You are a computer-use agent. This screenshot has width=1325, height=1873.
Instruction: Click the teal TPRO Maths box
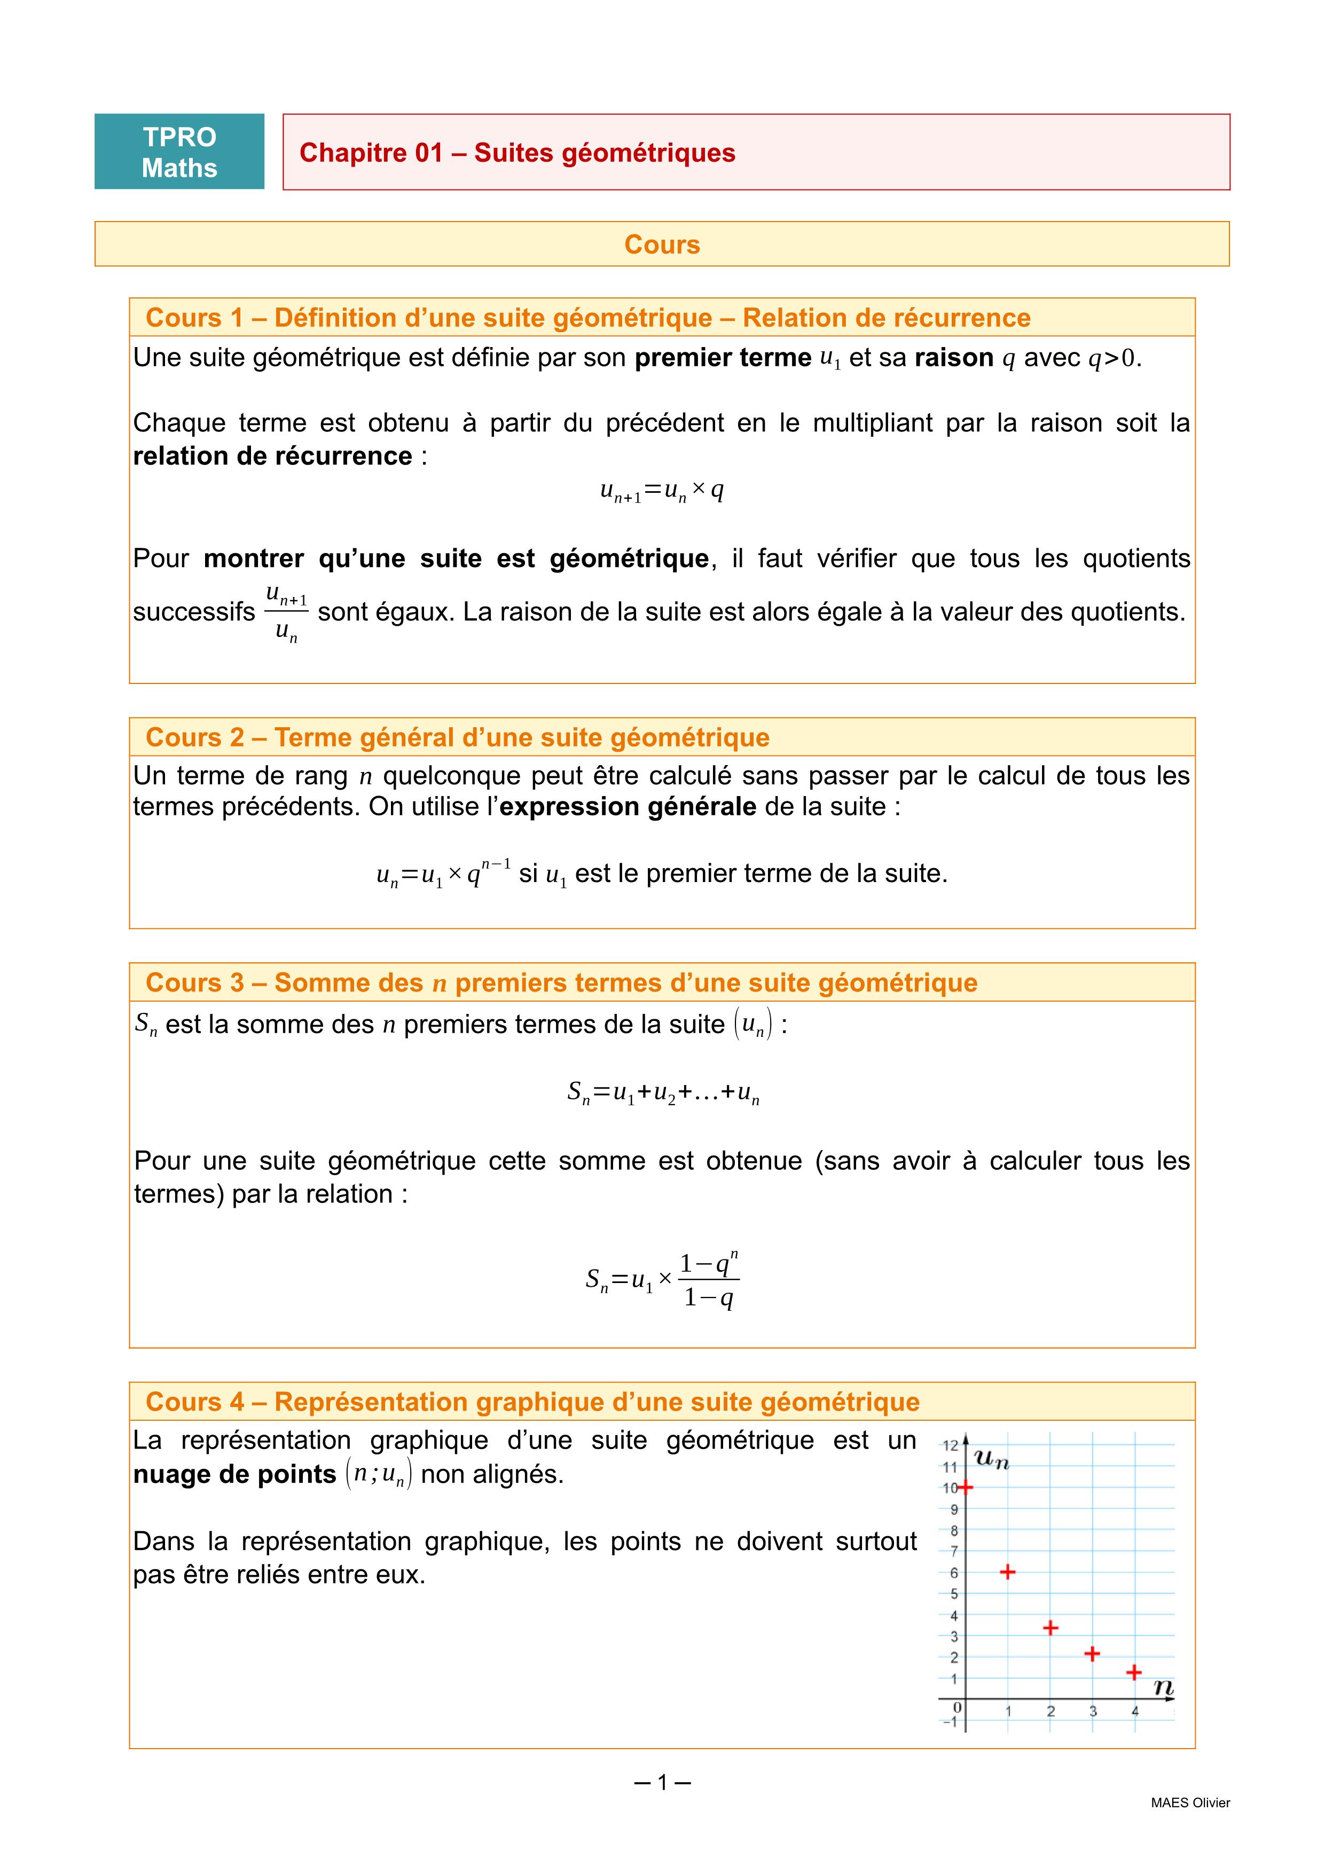click(179, 152)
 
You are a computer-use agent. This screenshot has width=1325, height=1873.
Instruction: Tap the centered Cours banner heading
click(662, 245)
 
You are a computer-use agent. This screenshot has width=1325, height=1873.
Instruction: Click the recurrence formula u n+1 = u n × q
click(662, 490)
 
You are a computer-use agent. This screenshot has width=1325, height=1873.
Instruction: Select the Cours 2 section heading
click(457, 737)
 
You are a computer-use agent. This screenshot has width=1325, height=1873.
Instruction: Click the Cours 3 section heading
click(561, 983)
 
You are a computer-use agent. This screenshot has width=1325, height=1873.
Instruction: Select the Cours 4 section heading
click(532, 1402)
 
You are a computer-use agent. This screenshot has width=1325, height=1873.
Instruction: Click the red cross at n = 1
click(1008, 1571)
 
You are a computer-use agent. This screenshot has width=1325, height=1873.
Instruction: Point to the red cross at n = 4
click(1134, 1672)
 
